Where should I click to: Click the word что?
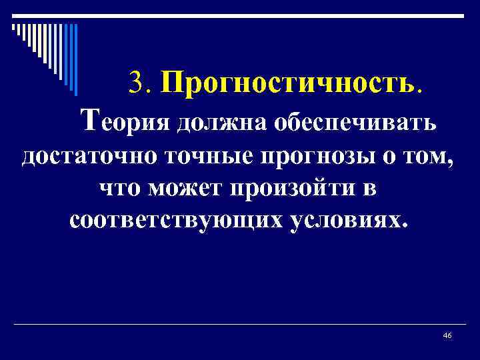pos(121,189)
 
